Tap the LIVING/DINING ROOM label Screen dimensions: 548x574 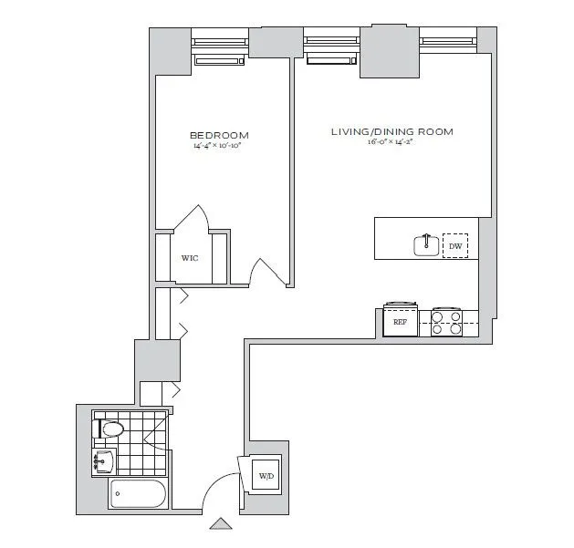tap(391, 132)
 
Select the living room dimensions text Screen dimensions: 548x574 tap(391, 142)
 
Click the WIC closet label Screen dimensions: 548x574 tap(189, 258)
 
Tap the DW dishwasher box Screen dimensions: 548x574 tap(454, 246)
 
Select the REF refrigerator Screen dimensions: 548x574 tap(400, 322)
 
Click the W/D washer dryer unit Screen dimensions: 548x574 tap(266, 476)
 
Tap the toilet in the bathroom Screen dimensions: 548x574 tap(111, 428)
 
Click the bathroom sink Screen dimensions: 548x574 tap(103, 460)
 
